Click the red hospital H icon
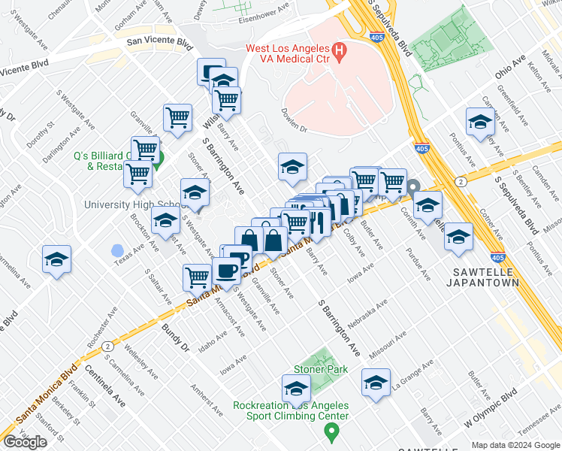tap(340, 52)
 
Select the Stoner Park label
tap(321, 369)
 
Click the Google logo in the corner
tap(25, 442)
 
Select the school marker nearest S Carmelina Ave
tap(56, 259)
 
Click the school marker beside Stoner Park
tap(296, 388)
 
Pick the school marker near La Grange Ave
tap(376, 382)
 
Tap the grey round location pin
tap(413, 186)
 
